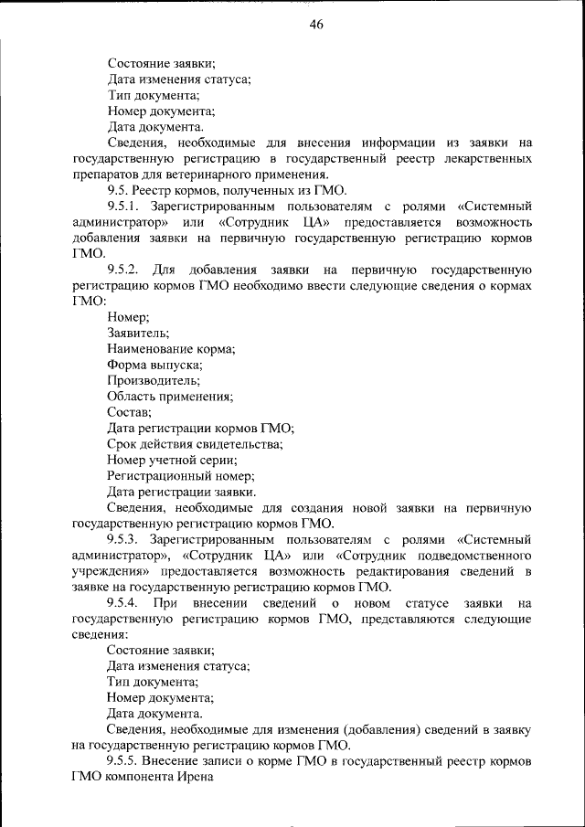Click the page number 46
pyautogui.click(x=316, y=25)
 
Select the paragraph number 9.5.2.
pyautogui.click(x=122, y=270)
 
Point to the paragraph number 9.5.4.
pyautogui.click(x=122, y=603)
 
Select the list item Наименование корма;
pyautogui.click(x=171, y=348)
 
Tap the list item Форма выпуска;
pyautogui.click(x=154, y=365)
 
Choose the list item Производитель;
pyautogui.click(x=153, y=380)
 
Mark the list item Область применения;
pyautogui.click(x=170, y=396)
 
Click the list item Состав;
pyautogui.click(x=129, y=412)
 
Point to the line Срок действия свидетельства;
pyautogui.click(x=195, y=443)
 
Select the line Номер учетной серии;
pyautogui.click(x=173, y=460)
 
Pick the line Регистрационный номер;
pyautogui.click(x=180, y=475)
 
